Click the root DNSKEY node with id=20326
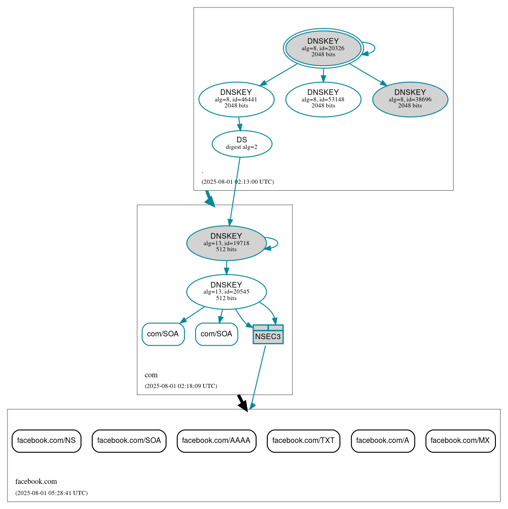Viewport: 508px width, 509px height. click(x=323, y=48)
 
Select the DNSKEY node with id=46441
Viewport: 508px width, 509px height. click(x=236, y=99)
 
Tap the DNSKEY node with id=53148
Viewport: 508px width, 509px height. click(x=323, y=99)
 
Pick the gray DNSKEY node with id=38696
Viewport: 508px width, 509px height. click(x=410, y=99)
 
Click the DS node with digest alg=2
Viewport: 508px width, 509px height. click(x=242, y=144)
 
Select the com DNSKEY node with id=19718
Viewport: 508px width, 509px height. click(x=226, y=243)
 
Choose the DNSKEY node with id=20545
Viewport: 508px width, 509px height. click(x=226, y=292)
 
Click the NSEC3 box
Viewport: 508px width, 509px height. click(x=268, y=335)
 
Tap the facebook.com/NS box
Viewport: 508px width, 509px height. click(x=47, y=441)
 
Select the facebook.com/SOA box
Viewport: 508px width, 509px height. click(x=129, y=441)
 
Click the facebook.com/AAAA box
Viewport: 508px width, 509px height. click(x=216, y=441)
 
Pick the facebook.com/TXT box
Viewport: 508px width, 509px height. click(x=304, y=441)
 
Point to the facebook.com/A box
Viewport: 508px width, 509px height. click(x=383, y=441)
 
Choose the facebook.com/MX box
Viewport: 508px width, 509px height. click(x=460, y=441)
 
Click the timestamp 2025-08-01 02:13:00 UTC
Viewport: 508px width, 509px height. click(x=237, y=182)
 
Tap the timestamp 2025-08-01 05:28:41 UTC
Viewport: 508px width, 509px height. click(x=51, y=493)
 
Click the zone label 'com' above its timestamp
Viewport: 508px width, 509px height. click(x=151, y=375)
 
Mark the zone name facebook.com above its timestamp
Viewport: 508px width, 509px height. click(x=36, y=482)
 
